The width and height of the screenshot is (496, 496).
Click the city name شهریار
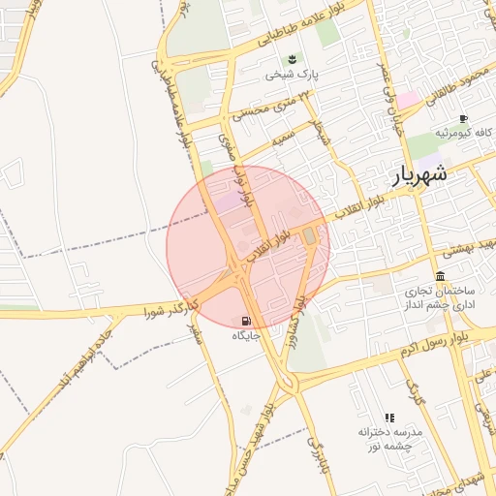click(x=420, y=174)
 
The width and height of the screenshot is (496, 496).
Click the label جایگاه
click(x=245, y=335)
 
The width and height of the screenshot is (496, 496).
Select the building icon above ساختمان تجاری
click(x=440, y=276)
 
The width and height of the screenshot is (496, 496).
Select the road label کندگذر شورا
click(x=170, y=309)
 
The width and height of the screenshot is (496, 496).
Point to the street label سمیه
click(x=283, y=139)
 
